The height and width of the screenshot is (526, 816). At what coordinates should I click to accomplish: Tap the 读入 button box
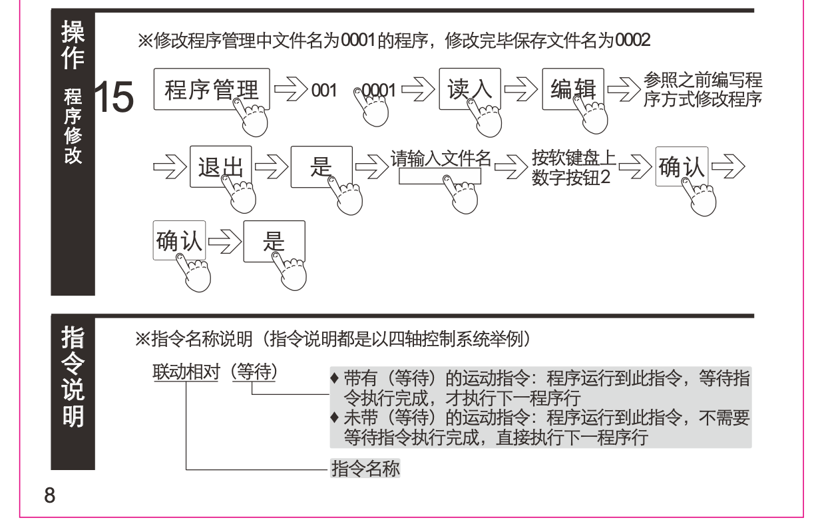tap(467, 89)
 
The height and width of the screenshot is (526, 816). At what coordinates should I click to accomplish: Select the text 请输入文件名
tap(441, 158)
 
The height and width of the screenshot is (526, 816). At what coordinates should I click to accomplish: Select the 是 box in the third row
tap(274, 240)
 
